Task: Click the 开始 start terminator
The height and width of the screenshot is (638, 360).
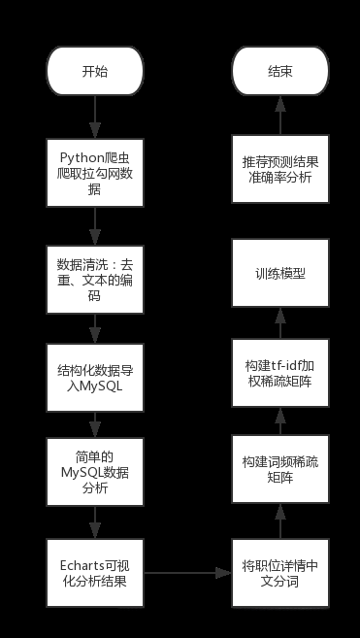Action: click(94, 72)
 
